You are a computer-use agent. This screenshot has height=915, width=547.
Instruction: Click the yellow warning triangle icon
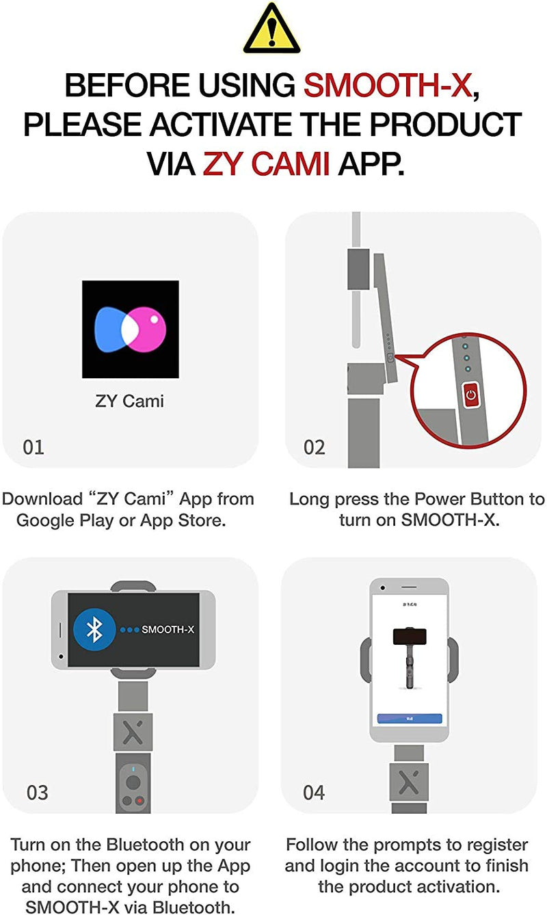coord(272,28)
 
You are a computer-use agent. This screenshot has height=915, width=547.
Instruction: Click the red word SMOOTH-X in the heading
coord(387,85)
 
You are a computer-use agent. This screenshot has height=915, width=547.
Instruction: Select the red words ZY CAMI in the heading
coord(266,163)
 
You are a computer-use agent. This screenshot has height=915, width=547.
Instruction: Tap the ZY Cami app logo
coord(131,329)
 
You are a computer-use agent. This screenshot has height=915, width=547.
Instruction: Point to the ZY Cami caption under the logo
coord(130,401)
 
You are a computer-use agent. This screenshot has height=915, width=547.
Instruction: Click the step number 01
coord(34,447)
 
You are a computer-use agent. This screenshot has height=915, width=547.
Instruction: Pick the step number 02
coord(315,447)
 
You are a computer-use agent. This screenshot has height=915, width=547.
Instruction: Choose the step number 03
coord(38,793)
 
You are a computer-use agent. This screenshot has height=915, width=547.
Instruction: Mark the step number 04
coord(314,793)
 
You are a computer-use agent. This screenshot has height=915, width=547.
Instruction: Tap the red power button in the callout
coord(470,395)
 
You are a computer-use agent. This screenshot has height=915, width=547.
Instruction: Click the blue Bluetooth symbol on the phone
coord(94,629)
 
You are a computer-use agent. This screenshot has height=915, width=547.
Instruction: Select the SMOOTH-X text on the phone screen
coord(168,629)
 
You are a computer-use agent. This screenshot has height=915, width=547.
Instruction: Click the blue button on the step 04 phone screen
coord(410,719)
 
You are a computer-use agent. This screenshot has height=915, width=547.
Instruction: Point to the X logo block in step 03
coord(133,732)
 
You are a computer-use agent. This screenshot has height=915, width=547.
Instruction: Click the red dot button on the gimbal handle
coord(139,800)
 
